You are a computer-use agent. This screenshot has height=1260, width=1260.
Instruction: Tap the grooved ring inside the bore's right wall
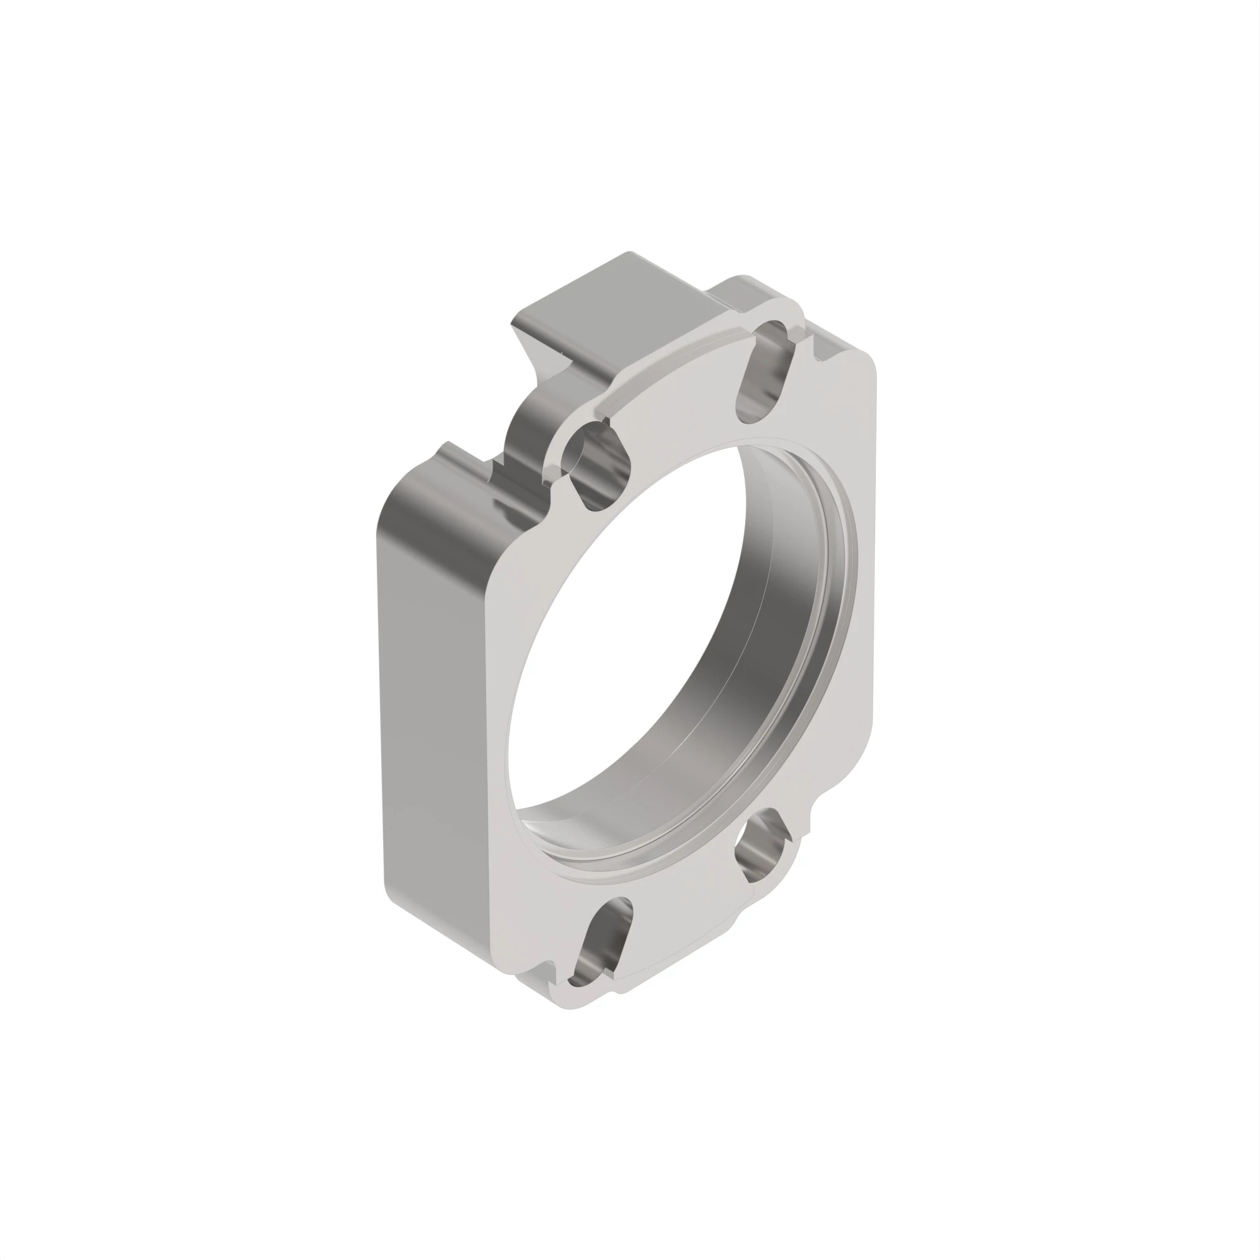(838, 587)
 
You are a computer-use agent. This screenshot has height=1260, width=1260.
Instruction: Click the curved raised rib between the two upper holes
(672, 372)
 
